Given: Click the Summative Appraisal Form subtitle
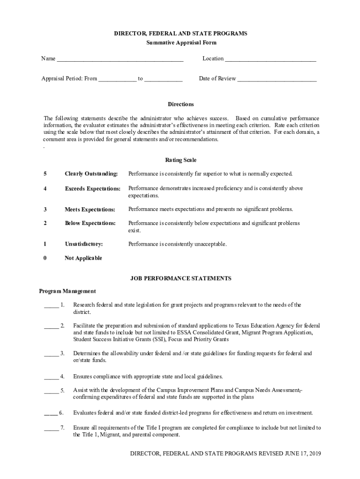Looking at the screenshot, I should tap(181, 43).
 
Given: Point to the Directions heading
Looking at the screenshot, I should tap(181, 104).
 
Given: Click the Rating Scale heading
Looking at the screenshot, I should tap(181, 160).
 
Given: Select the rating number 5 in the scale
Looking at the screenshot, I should tap(45, 174).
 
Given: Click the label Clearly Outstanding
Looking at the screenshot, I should tap(91, 174).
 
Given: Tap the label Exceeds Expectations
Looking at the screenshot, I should tap(93, 189).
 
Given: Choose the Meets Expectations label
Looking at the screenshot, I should tap(90, 209).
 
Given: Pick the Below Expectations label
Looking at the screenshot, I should tap(90, 223).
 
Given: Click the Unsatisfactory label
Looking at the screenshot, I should tap(84, 244).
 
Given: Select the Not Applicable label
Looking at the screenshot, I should tap(83, 258).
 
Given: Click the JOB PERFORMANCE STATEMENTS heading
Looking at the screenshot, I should tap(180, 278).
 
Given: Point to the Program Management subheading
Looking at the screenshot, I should tap(67, 291).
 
